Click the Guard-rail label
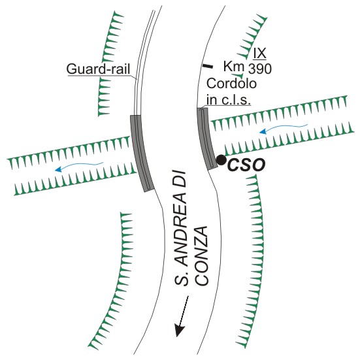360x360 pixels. point(98,69)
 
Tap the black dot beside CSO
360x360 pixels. point(221,160)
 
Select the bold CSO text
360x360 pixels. point(246,165)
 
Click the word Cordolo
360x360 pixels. point(231,84)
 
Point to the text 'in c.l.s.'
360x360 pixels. point(229,100)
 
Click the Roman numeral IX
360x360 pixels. point(259,53)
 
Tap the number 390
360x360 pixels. point(260,69)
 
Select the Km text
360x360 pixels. point(234,67)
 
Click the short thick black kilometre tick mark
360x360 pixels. point(207,66)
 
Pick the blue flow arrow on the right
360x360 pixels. point(284,127)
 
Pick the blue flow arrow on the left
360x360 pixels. point(79,166)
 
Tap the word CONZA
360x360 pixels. point(203,256)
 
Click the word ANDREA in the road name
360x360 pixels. point(181,229)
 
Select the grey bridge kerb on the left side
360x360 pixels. point(142,153)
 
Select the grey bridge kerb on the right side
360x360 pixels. point(206,139)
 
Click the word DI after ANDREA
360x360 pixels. point(181,180)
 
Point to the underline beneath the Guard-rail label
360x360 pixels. point(99,76)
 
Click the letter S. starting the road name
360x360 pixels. point(181,277)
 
